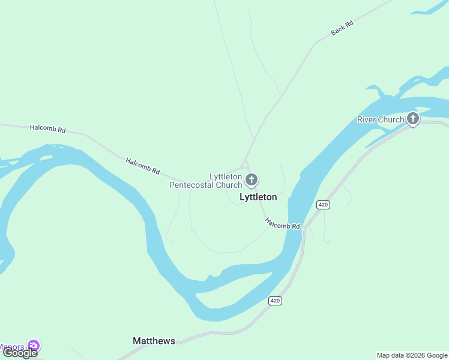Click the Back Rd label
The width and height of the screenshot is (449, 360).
click(x=342, y=28)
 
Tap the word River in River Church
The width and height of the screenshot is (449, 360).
click(x=369, y=119)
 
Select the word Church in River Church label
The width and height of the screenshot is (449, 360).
click(x=392, y=119)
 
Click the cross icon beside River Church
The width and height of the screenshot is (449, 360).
click(x=413, y=119)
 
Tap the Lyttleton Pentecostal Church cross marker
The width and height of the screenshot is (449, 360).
click(x=252, y=179)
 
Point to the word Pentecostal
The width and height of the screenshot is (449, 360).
click(x=192, y=185)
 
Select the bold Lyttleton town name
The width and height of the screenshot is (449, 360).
click(x=258, y=197)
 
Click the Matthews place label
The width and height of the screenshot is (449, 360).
click(x=154, y=341)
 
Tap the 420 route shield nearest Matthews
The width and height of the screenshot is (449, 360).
click(x=275, y=301)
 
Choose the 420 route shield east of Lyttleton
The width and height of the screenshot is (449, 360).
click(x=324, y=205)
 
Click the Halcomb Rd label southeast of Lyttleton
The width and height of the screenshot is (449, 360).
click(x=282, y=223)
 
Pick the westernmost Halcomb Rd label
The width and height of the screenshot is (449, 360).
click(x=47, y=128)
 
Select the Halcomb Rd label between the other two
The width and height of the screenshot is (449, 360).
click(x=143, y=166)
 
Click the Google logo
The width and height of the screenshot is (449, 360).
click(x=20, y=353)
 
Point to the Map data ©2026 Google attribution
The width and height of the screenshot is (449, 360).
click(x=412, y=355)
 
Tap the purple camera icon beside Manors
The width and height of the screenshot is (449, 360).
click(x=34, y=346)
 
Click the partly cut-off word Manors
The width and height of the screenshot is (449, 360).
click(x=12, y=347)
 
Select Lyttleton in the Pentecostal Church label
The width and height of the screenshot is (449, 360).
click(x=226, y=176)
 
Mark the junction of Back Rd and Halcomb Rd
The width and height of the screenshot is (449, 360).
click(x=244, y=163)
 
